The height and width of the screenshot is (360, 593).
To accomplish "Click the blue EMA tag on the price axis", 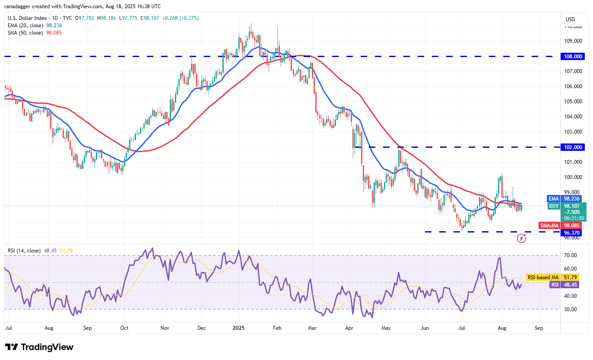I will [x=554, y=199].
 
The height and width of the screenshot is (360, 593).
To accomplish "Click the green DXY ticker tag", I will [x=554, y=206].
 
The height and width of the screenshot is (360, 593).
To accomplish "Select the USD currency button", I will [x=570, y=19].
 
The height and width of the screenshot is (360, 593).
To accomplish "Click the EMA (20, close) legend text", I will [x=25, y=25].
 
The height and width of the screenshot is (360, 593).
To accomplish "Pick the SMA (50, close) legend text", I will [x=25, y=33].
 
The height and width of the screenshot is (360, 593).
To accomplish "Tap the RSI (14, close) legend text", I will [x=24, y=250].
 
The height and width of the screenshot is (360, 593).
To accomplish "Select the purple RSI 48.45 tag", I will [x=555, y=284].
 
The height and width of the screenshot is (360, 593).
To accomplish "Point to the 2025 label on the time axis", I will [x=239, y=328].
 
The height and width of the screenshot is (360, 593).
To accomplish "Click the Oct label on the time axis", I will [x=124, y=328].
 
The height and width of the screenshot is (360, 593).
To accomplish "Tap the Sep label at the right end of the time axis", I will [x=538, y=328].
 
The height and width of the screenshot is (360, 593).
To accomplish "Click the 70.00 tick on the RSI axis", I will [x=571, y=256].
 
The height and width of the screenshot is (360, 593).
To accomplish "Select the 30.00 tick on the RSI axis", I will [x=571, y=309].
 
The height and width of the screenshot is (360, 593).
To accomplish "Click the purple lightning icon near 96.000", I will [x=522, y=238].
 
